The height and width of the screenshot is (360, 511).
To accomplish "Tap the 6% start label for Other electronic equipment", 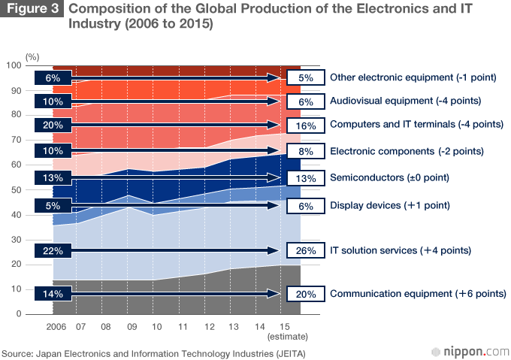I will coord(53,77).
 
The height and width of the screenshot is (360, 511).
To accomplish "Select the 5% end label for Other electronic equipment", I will coord(305,77).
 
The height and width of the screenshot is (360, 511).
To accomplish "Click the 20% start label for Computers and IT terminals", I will coord(53,125).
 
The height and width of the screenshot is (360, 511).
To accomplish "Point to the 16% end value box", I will coord(305,125).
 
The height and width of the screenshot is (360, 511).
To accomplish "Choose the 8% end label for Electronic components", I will coord(305,151).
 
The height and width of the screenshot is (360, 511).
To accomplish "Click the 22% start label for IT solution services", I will coord(53,250).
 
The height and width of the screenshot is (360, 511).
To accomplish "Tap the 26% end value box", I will coord(305,250).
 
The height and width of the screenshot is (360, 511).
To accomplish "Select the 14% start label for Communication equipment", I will coord(53,294).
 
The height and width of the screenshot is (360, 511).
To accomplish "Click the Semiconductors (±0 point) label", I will coord(389,178).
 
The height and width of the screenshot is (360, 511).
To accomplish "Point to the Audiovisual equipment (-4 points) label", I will coord(405,100).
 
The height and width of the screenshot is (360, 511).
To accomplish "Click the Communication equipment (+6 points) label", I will coord(417,294).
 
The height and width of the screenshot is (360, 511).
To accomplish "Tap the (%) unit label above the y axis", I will coord(32,56).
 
